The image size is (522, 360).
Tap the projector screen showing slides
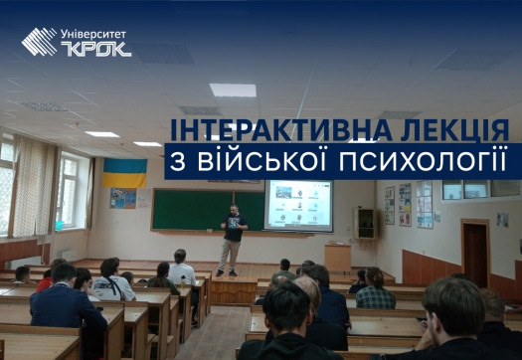coord(298,205)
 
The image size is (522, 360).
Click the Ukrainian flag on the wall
coord(124,172)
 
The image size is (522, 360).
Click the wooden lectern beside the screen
coord(337,258)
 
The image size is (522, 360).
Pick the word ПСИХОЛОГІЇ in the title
coord(447,162)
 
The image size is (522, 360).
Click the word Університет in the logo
coord(94,33)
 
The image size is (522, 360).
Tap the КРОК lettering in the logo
coord(94,48)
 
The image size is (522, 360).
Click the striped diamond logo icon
coord(40,41)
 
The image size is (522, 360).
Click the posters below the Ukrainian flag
coord(123,198)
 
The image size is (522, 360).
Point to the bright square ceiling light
coord(233,90)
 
